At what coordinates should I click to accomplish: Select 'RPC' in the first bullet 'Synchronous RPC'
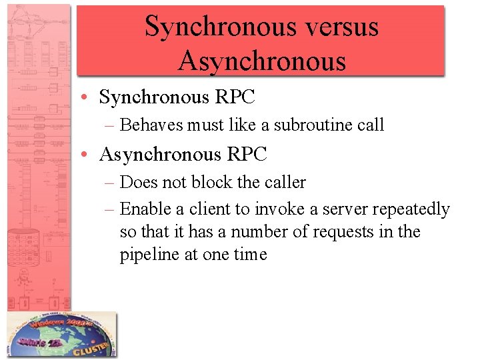[235, 97]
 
